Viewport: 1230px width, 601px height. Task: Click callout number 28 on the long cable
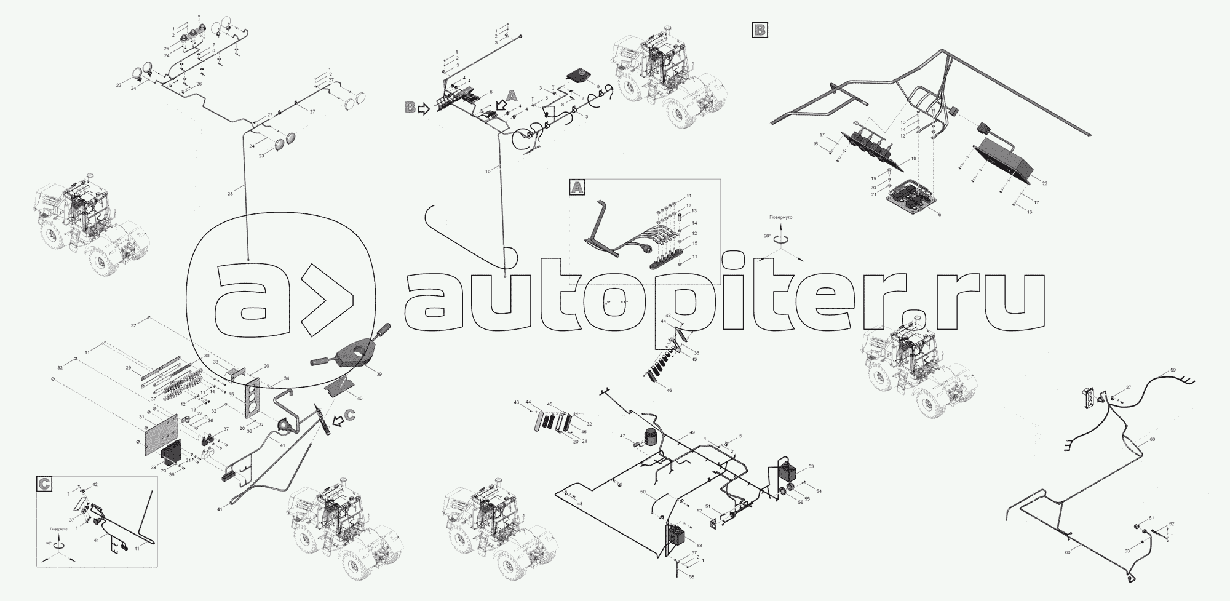click(x=230, y=194)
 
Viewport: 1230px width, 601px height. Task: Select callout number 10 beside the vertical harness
click(x=488, y=172)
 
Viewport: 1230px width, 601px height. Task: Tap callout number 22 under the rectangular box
click(x=1045, y=183)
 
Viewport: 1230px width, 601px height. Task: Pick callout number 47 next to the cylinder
click(x=622, y=436)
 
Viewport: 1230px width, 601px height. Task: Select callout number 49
click(x=692, y=433)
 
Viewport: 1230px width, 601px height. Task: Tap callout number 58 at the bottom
click(x=691, y=576)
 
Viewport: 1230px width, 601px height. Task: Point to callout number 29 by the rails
click(x=129, y=368)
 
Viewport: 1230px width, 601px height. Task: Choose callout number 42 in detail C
click(x=95, y=485)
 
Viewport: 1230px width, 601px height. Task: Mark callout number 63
click(x=1127, y=551)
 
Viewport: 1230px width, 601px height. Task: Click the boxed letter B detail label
click(x=760, y=30)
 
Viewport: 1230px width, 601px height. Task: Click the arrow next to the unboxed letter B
click(x=423, y=109)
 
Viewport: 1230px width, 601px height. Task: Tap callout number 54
click(x=819, y=490)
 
